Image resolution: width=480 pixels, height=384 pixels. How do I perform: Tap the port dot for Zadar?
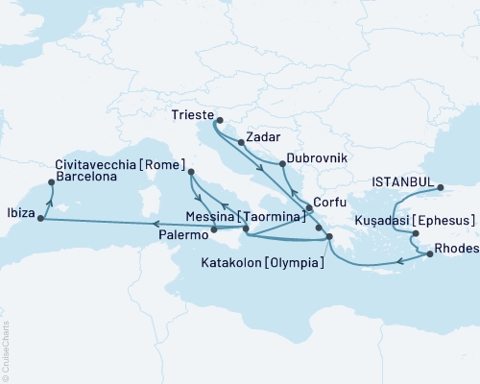(241, 142)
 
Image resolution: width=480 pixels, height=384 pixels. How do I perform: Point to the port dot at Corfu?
(308, 208)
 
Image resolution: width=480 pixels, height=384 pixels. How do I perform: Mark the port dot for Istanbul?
(441, 188)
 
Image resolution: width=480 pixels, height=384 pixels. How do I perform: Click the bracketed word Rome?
(163, 163)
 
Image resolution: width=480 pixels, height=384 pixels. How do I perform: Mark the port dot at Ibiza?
(40, 219)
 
